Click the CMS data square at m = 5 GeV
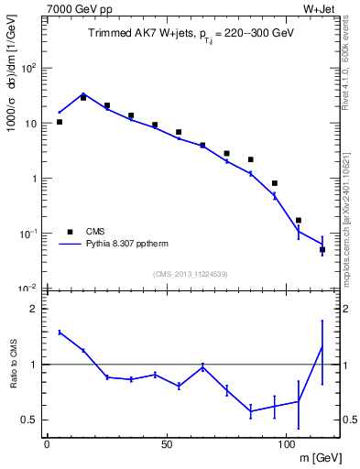(60, 122)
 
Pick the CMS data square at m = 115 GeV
(322, 249)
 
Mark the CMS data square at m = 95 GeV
(275, 183)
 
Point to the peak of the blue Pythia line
(83, 93)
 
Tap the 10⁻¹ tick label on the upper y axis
(29, 234)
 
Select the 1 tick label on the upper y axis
(35, 180)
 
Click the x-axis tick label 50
(167, 444)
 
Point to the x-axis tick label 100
(286, 444)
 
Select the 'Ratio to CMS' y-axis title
(12, 365)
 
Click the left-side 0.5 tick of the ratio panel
(33, 420)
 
